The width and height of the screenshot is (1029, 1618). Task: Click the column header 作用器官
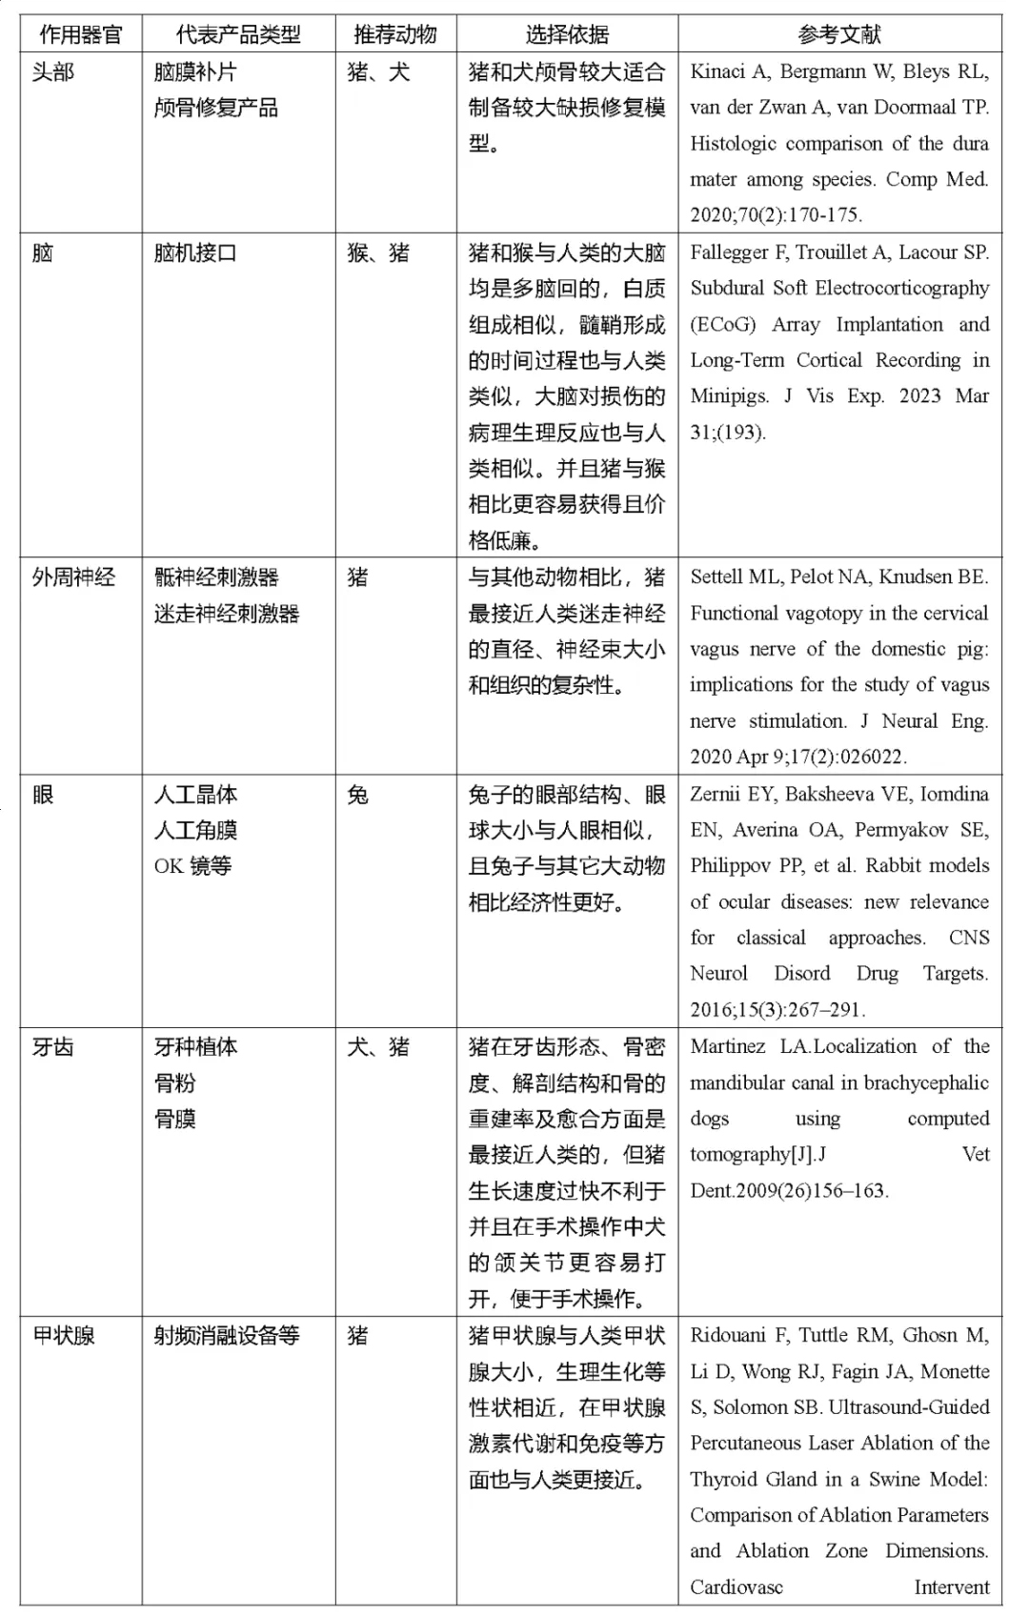coord(81,35)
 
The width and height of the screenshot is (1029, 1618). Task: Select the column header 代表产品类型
coord(238,35)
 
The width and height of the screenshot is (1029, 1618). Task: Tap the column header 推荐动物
coord(395,35)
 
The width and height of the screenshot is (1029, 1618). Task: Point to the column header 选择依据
coord(567,35)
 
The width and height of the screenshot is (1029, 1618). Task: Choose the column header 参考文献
coord(839,35)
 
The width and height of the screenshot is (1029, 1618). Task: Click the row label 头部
coord(53,72)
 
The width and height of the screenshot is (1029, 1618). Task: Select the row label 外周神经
coord(73,577)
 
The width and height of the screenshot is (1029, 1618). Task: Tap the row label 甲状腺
coord(64,1336)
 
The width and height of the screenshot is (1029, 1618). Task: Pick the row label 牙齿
coord(53,1047)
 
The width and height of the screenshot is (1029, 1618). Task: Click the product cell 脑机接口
coord(195,253)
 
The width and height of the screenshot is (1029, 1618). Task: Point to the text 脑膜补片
coord(195,72)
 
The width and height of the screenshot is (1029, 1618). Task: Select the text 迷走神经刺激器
coord(227,614)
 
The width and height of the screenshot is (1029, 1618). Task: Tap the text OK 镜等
coord(192,866)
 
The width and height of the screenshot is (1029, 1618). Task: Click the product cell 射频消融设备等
coord(227,1336)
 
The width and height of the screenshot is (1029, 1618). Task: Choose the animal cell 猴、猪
coord(378,253)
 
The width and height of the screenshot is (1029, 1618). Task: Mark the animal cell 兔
coord(358,795)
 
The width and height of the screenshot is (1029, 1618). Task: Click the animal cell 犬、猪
coord(378,1047)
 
